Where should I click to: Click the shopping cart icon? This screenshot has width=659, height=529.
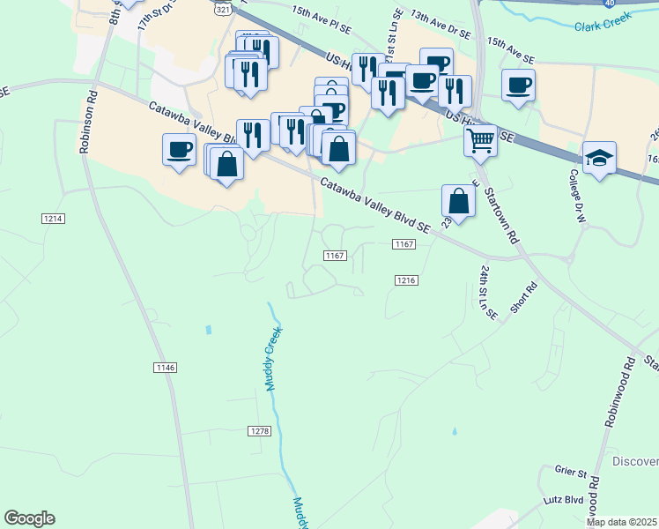[x=480, y=140]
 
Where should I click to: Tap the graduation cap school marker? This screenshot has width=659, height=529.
[x=600, y=158]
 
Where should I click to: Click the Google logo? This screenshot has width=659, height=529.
[x=29, y=518]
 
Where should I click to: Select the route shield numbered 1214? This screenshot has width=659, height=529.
[x=53, y=218]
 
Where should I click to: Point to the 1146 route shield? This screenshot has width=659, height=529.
[x=165, y=367]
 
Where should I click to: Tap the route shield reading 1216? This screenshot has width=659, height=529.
[x=404, y=279]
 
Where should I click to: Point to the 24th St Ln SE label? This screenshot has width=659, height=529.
[x=487, y=291]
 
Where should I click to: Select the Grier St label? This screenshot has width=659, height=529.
[x=570, y=473]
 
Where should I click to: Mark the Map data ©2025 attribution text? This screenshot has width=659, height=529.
[x=622, y=522]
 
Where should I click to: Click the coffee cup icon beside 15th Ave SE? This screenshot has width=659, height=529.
[x=518, y=86]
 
